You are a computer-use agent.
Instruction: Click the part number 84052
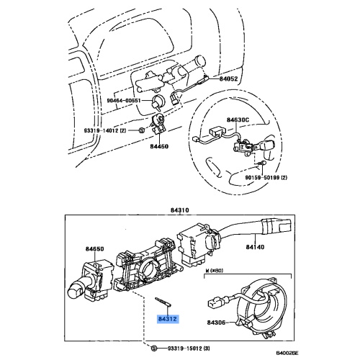click(230, 78)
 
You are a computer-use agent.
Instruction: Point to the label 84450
click(159, 145)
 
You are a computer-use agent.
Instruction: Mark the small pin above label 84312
click(161, 302)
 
